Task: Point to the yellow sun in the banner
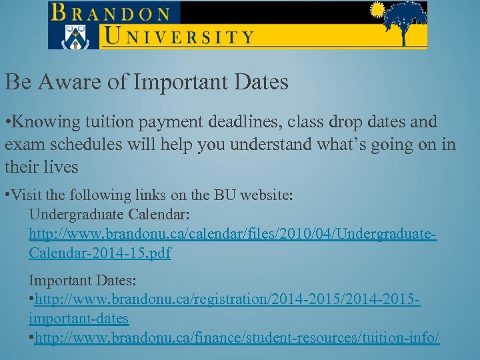pyautogui.click(x=377, y=10)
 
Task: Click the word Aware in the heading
pyautogui.click(x=68, y=82)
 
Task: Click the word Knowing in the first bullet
pyautogui.click(x=51, y=123)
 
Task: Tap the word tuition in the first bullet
pyautogui.click(x=129, y=123)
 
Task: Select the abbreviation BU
pyautogui.click(x=223, y=196)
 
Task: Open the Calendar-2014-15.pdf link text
pyautogui.click(x=100, y=254)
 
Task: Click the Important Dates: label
pyautogui.click(x=73, y=279)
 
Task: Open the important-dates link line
pyautogui.click(x=79, y=319)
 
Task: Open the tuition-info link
pyautogui.click(x=237, y=338)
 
